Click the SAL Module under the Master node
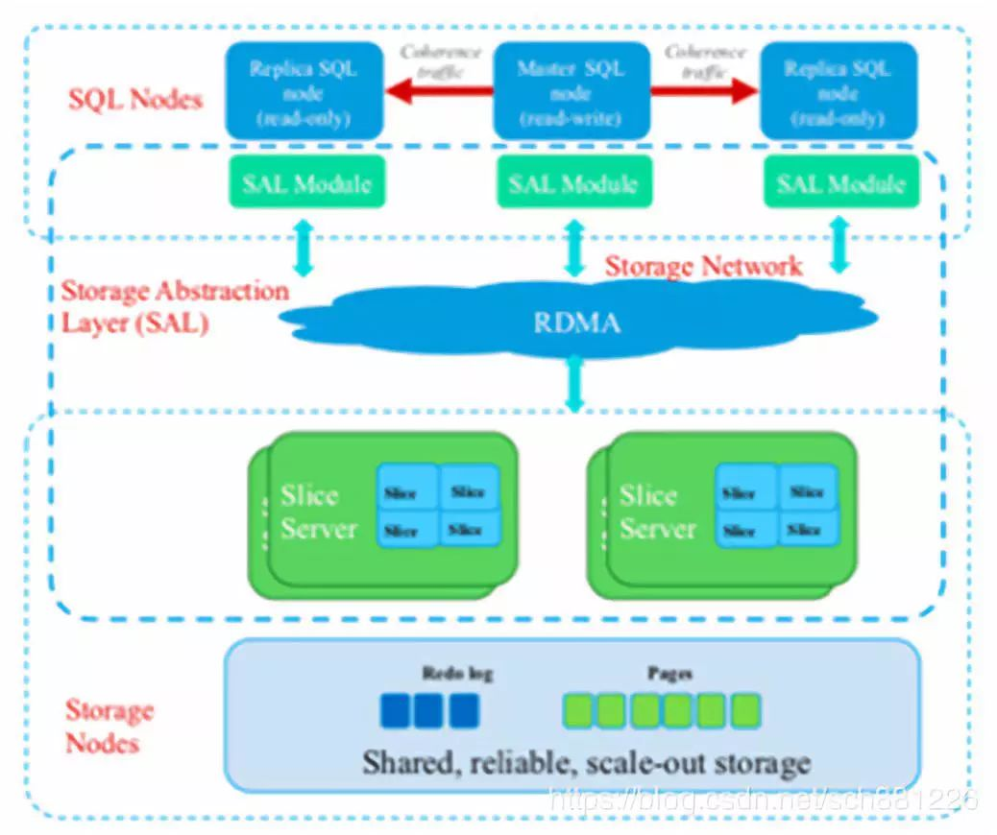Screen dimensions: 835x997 click(572, 182)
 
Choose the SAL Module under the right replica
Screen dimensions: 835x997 click(840, 182)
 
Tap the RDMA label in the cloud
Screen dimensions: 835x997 click(576, 322)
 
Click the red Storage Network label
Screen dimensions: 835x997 click(703, 266)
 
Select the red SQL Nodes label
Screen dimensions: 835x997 click(135, 99)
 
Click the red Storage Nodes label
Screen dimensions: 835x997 click(109, 727)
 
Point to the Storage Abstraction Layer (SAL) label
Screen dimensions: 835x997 click(174, 306)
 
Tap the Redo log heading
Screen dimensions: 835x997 click(457, 674)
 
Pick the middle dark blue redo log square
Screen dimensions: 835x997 click(428, 711)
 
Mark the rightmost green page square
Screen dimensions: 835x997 click(745, 711)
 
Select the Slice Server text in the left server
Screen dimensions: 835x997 click(317, 513)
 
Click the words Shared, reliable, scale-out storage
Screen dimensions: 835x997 click(586, 764)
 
